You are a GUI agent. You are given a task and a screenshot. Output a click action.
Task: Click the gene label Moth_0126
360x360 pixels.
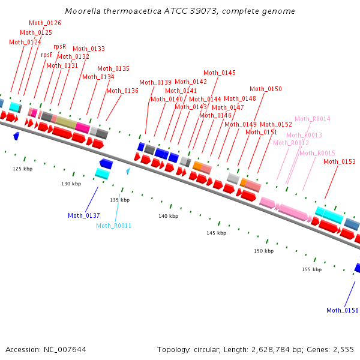(x=45, y=23)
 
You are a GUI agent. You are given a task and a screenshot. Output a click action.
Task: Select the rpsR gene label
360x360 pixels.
(x=59, y=46)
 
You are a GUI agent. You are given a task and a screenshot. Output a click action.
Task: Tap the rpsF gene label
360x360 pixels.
(x=47, y=55)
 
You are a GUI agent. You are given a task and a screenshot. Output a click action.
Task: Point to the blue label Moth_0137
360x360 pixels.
(x=84, y=215)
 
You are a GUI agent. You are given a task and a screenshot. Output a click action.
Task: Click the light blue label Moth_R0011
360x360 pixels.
(x=113, y=226)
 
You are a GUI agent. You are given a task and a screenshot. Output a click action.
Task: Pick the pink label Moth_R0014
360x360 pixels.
(x=313, y=119)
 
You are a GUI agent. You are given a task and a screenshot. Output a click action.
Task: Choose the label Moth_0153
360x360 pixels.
(x=340, y=161)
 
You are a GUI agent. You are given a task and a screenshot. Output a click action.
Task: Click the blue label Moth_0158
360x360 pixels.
(x=343, y=310)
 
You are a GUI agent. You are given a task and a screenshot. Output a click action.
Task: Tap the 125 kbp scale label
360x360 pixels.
(x=23, y=169)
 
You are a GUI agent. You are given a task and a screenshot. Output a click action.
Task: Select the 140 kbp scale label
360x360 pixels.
(x=168, y=216)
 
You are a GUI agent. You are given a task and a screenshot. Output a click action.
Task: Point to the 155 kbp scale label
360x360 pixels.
(x=312, y=269)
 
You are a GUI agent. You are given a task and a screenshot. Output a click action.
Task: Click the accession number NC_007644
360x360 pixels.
(x=65, y=350)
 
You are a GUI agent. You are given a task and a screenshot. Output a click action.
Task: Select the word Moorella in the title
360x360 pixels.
(x=83, y=11)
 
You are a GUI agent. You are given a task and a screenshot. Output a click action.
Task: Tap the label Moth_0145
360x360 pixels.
(x=220, y=73)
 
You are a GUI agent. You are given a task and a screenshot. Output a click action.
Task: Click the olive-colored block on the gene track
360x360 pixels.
(x=66, y=122)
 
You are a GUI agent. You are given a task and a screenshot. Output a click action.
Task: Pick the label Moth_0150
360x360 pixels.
(x=266, y=89)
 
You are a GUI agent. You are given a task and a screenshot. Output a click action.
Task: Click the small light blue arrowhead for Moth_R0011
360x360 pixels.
(x=128, y=170)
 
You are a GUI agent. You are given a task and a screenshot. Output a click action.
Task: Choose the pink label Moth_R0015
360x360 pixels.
(x=317, y=153)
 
